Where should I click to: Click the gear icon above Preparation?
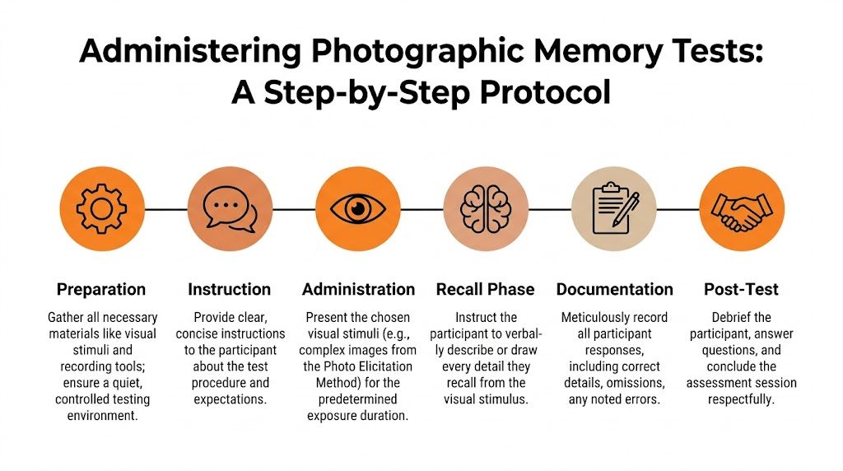[101, 209]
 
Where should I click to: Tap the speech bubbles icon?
[230, 209]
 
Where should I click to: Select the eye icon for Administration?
[358, 209]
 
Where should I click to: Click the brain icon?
[486, 209]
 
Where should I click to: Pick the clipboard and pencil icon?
[613, 209]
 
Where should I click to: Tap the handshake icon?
[741, 209]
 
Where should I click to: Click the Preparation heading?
[101, 289]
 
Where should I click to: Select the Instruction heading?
[229, 289]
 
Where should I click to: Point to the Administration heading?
[358, 289]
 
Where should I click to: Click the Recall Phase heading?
[485, 289]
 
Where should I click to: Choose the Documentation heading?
[614, 289]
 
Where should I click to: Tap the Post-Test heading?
[741, 289]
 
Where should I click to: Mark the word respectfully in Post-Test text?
[741, 399]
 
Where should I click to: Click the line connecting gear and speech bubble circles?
[165, 209]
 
